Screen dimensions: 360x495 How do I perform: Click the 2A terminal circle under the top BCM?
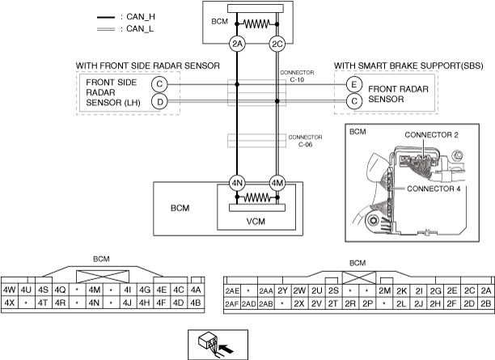[x=237, y=44]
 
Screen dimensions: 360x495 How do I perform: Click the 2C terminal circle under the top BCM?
[x=277, y=44]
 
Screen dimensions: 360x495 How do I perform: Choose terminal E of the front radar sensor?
[x=353, y=83]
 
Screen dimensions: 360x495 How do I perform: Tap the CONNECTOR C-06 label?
[x=305, y=142]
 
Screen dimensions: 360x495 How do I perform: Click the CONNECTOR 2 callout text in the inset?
[x=430, y=135]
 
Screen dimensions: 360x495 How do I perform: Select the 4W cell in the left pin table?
[x=11, y=290]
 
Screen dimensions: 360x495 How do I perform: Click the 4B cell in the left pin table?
[x=195, y=303]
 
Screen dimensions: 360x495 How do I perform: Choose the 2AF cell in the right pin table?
[x=232, y=304]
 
